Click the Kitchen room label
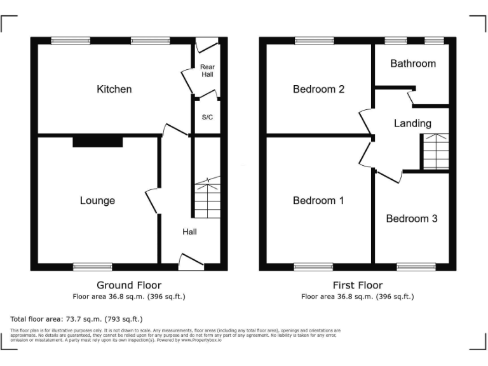[x=114, y=89]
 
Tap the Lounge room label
[x=97, y=201]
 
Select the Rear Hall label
[x=207, y=71]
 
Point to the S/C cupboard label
[x=207, y=118]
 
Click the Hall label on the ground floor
[x=189, y=232]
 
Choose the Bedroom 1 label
[x=318, y=201]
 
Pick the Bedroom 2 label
[x=318, y=89]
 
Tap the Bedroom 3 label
[x=412, y=219]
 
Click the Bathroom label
[x=413, y=64]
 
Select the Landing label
[x=412, y=123]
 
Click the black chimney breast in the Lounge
[x=97, y=141]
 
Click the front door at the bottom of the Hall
[x=191, y=262]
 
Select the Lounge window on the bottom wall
[x=92, y=267]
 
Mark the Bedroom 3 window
[x=416, y=267]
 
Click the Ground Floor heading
[x=129, y=285]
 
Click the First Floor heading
[x=358, y=285]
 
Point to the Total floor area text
[x=76, y=319]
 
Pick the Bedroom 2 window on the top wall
[x=314, y=41]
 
